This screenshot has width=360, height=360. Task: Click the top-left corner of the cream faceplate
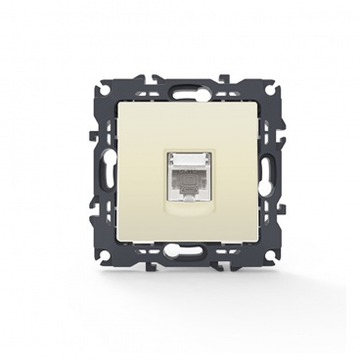pos(120,102)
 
